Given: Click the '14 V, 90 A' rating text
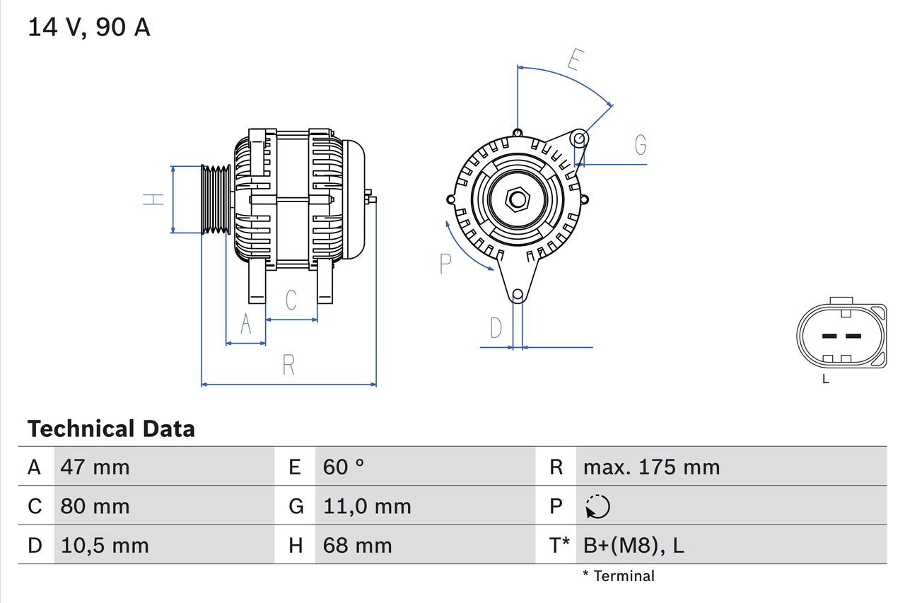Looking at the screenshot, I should tap(89, 28).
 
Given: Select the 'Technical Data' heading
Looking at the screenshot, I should tap(111, 429).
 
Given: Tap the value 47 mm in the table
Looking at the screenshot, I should tap(95, 467).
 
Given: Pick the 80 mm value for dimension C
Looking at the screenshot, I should tap(95, 506).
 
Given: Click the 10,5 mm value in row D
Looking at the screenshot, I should tap(105, 545).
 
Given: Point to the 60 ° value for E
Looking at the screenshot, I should tap(344, 467).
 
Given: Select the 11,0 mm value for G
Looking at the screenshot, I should tap(367, 506).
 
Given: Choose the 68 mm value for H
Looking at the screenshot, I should tap(357, 545).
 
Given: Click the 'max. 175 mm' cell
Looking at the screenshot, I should tap(651, 467).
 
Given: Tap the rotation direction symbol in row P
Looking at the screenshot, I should tap(597, 506).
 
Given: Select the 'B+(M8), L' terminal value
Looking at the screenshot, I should tap(633, 545).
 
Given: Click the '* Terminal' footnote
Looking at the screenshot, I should tap(619, 576).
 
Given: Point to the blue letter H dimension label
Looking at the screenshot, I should tap(153, 199).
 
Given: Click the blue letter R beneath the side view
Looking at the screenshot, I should tap(288, 365).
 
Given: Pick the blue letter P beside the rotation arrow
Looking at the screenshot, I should tap(445, 264).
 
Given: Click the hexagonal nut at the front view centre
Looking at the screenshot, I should tap(518, 199).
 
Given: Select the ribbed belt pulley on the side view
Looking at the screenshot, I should tap(216, 199).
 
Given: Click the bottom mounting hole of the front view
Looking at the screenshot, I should tap(518, 294).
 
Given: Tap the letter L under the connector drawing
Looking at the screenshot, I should tap(826, 380).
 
